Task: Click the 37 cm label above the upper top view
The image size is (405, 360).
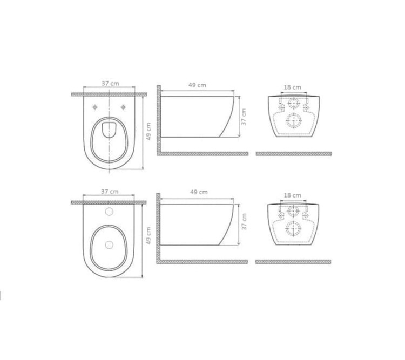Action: [110, 84]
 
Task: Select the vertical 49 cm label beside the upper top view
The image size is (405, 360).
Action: [148, 132]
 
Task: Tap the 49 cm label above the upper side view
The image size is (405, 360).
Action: [197, 85]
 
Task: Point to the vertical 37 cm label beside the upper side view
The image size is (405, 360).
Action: [244, 117]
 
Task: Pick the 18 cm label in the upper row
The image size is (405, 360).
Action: [292, 87]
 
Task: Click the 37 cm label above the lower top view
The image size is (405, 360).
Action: [110, 192]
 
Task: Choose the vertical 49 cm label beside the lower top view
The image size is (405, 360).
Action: [148, 236]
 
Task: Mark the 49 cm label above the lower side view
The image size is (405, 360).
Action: [199, 192]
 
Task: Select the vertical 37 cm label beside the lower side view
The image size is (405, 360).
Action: [244, 222]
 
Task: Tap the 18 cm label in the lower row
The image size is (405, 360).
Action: [292, 195]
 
